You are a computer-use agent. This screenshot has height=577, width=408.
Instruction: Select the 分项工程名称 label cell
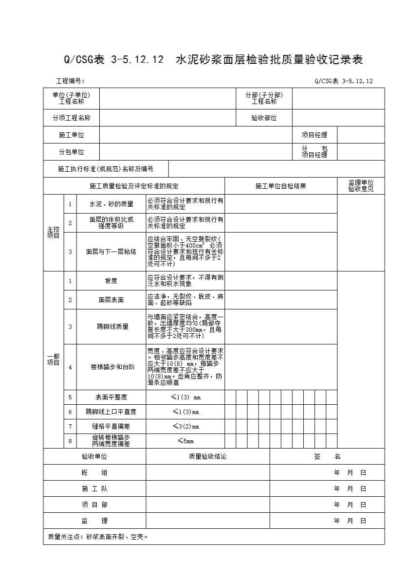coord(71,118)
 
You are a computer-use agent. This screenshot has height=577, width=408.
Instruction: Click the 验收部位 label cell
coord(264,118)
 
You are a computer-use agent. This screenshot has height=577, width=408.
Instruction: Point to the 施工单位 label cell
coord(71,135)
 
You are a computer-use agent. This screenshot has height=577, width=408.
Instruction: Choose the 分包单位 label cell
coord(71,152)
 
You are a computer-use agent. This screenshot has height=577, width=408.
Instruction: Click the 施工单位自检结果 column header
coord(280,186)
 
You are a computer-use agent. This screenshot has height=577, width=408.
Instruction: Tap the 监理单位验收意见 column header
coord(360,186)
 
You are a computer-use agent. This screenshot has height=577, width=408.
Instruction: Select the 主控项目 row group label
coord(53,233)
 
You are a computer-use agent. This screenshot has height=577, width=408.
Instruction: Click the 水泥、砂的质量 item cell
coord(111,204)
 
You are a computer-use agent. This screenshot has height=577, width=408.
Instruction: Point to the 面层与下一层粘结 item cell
coord(111,252)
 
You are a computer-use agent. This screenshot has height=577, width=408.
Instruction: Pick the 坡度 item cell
coord(111,281)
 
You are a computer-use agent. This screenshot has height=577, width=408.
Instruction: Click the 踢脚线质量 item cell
coord(111,326)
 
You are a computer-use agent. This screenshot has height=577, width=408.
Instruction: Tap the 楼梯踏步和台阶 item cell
coord(111,367)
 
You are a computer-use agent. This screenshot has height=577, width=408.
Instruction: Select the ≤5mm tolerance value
coord(185,441)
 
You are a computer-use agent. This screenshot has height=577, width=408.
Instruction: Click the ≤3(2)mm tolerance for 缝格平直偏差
coord(185,426)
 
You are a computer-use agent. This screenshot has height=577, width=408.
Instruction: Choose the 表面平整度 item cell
coord(111,397)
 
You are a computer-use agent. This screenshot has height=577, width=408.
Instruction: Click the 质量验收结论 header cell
coord(207,456)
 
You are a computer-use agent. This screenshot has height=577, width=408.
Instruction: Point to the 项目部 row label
coord(94,505)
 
